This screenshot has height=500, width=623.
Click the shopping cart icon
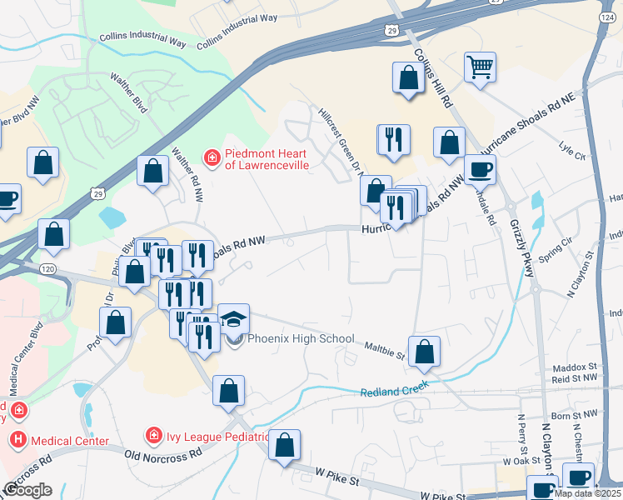pyautogui.click(x=480, y=67)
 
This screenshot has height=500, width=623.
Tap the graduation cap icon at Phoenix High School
pyautogui.click(x=233, y=319)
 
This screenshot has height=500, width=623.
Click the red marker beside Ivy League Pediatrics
pyautogui.click(x=152, y=435)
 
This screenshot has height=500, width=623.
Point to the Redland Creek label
pyautogui.click(x=394, y=389)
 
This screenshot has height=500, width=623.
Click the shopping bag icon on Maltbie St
pyautogui.click(x=425, y=352)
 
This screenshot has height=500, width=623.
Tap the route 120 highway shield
pyautogui.click(x=48, y=269)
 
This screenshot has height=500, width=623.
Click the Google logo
pyautogui.click(x=27, y=489)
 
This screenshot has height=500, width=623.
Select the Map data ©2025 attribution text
pyautogui.click(x=588, y=493)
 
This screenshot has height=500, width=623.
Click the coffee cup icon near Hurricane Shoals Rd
pyautogui.click(x=480, y=170)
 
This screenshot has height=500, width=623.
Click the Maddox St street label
pyautogui.click(x=575, y=367)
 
